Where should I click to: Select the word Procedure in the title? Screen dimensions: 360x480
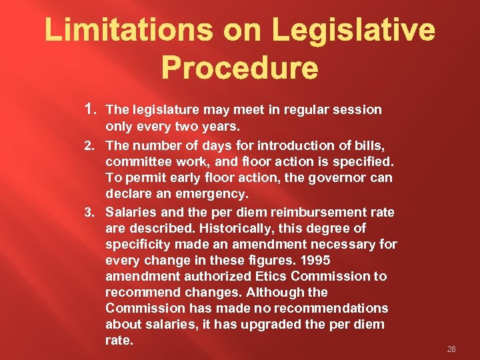tap(239, 68)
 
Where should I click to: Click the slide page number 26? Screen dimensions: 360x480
tap(451, 349)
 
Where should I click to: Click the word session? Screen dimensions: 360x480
tap(359, 109)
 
